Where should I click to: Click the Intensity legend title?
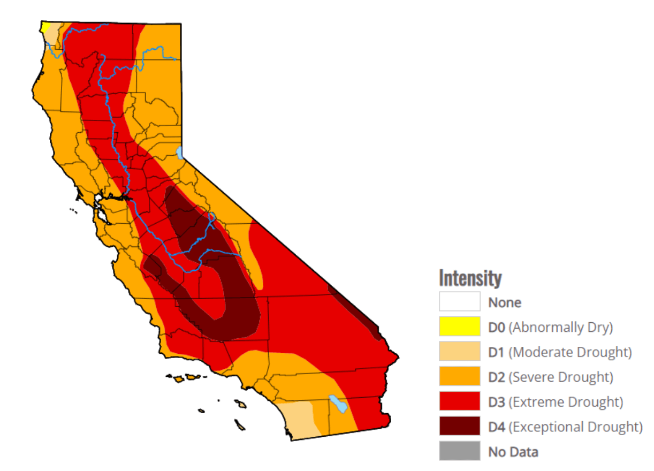[x=470, y=278]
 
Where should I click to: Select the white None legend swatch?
[x=459, y=301]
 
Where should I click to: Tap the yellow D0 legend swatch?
[x=459, y=326]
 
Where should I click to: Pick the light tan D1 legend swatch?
[x=459, y=352]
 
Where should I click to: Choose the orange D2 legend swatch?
[x=459, y=376]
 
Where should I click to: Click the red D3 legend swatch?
[x=459, y=401]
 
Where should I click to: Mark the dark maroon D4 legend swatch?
[x=459, y=427]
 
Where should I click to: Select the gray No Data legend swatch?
[x=459, y=451]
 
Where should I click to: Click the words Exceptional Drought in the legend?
[x=575, y=427]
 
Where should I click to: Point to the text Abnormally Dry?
[x=560, y=327]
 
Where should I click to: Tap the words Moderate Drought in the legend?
[x=570, y=352]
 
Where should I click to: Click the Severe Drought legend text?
[x=560, y=377]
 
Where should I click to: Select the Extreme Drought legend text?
[x=566, y=402]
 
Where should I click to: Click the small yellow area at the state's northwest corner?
[x=46, y=27]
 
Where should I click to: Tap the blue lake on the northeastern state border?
[x=180, y=153]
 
